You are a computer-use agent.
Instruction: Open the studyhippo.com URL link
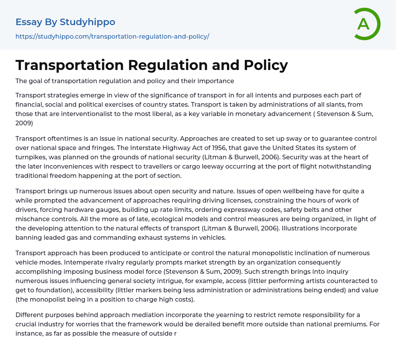(112, 36)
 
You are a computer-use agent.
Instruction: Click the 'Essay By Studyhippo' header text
(65, 22)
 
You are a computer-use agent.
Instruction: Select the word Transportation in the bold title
(69, 65)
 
